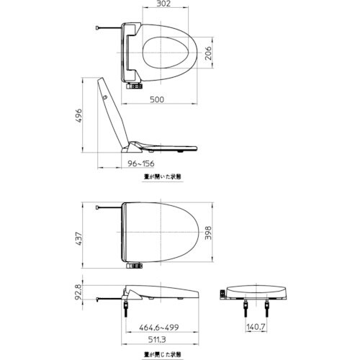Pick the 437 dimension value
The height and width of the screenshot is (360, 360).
[x=81, y=235]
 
